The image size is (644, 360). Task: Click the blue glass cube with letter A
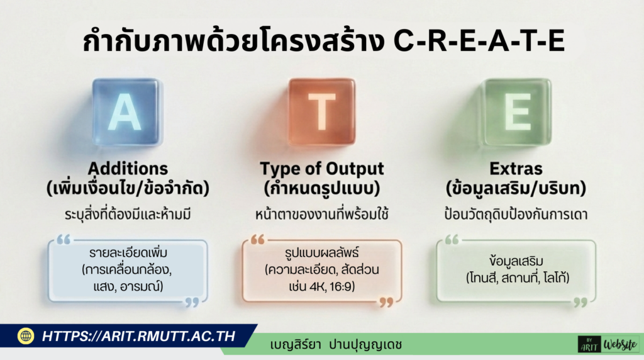127,112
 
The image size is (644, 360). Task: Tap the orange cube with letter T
322,112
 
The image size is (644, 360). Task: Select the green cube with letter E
517,112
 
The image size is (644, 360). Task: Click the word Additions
128,169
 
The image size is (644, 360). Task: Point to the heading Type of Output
322,169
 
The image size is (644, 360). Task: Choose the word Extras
517,169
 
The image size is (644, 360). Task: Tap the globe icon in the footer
26,336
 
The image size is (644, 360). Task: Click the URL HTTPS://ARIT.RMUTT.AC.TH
138,336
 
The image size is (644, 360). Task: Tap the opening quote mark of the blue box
64,240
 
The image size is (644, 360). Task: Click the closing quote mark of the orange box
386,303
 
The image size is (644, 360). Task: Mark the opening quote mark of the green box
452,240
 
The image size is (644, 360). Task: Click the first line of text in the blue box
128,254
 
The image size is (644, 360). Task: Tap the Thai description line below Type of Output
322,215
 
